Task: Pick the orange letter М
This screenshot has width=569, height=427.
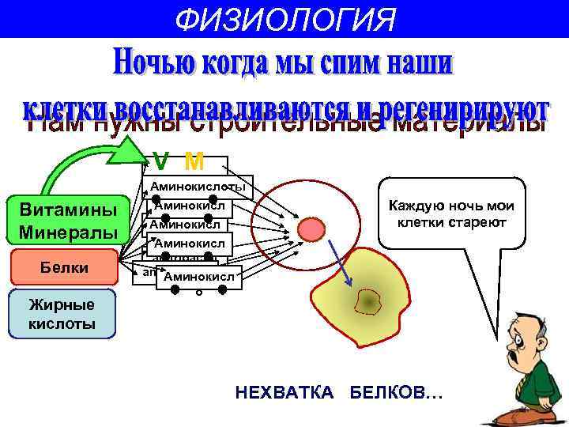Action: pyautogui.click(x=193, y=162)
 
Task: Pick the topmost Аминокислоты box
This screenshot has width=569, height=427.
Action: pyautogui.click(x=198, y=187)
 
